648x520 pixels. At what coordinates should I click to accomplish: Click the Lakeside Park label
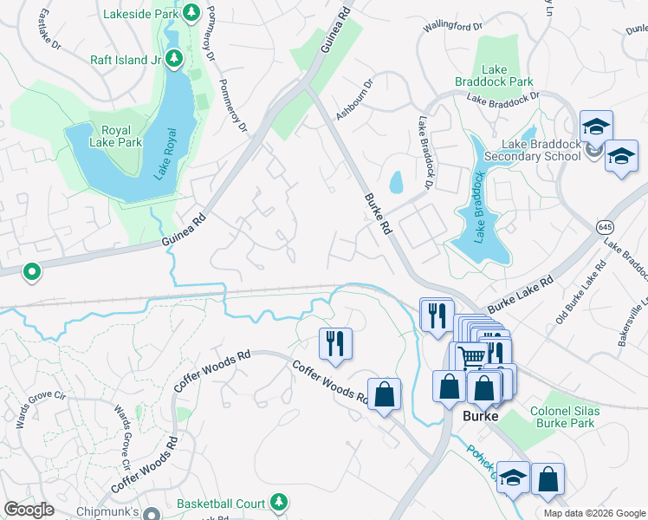coord(139,15)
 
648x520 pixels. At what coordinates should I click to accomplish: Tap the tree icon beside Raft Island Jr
coord(174,58)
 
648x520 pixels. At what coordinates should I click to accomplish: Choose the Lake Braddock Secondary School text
coord(540,149)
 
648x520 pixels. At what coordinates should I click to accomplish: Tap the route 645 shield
coord(605,226)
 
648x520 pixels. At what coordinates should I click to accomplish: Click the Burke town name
coord(481,417)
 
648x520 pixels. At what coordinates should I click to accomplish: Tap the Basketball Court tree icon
coord(278,502)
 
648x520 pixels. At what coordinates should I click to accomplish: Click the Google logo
coord(29,510)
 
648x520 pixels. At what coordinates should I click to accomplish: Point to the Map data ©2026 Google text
coord(594,513)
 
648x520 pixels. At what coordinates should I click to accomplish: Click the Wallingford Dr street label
coord(452,25)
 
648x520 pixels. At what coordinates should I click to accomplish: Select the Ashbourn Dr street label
coord(355,100)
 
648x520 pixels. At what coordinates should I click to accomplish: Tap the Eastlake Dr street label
coord(46,29)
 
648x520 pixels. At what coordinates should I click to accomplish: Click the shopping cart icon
coord(471,355)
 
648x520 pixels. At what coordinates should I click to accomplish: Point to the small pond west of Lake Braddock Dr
coord(396,182)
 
